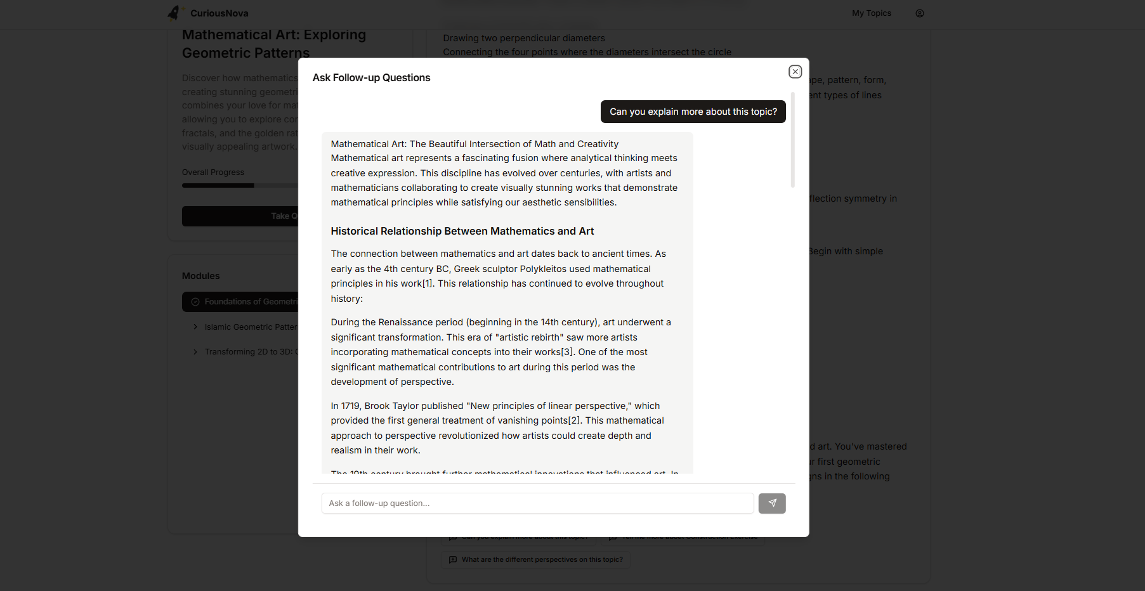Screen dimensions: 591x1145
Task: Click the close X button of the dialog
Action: [795, 72]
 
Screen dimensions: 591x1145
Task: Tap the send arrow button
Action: [772, 503]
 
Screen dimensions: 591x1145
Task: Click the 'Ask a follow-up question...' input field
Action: [537, 503]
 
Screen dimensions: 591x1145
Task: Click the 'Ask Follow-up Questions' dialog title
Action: [371, 78]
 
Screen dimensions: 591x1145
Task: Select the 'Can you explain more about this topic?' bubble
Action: [693, 112]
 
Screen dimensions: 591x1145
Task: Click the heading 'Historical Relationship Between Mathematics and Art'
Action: [462, 231]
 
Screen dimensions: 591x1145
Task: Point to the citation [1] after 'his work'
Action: [428, 284]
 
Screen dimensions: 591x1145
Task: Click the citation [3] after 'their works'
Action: [566, 352]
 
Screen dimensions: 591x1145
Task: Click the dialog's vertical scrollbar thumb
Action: [792, 140]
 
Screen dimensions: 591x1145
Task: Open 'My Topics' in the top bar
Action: [871, 13]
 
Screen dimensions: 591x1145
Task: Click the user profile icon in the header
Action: [919, 13]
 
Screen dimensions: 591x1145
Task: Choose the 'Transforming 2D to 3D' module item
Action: [248, 352]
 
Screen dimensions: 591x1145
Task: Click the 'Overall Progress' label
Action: [213, 172]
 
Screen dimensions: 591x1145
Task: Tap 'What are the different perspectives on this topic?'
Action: [541, 560]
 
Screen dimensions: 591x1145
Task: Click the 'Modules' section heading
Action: [200, 276]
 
